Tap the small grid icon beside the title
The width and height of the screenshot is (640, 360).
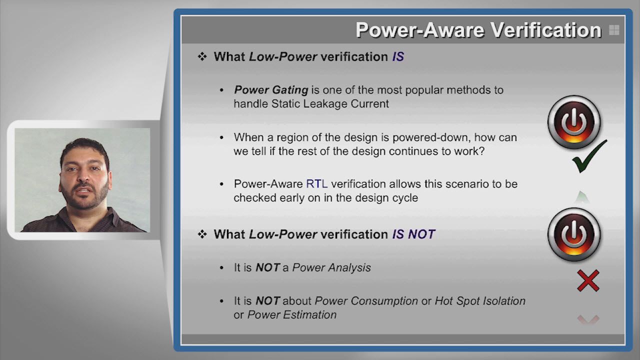point(614,30)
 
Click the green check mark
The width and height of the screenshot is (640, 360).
point(589,156)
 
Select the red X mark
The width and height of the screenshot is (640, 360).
point(588,280)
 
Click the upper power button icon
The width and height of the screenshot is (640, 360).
point(574,122)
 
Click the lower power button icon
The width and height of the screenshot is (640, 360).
point(574,234)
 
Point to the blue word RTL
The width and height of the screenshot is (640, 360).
point(316,184)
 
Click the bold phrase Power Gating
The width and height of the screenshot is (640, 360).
point(271,90)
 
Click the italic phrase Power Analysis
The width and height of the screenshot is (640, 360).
point(331,267)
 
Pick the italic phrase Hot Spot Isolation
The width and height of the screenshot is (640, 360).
point(480,301)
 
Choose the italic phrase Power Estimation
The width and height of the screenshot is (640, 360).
point(292,315)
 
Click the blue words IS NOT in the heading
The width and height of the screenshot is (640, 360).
point(413,234)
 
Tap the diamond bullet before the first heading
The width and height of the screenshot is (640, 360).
point(202,56)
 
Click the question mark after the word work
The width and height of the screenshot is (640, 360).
point(481,151)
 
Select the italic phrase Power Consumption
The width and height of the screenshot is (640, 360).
point(366,301)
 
